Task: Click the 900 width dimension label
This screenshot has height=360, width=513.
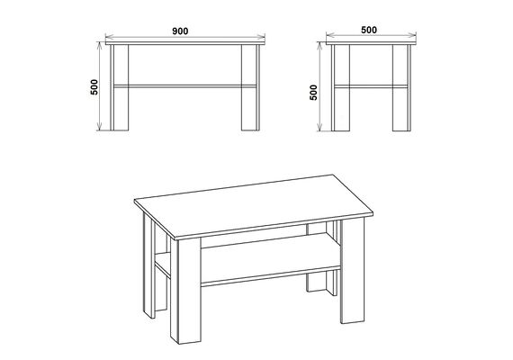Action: [x=180, y=31]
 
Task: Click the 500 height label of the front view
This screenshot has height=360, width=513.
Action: [x=94, y=87]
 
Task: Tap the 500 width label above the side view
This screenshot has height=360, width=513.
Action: [x=369, y=30]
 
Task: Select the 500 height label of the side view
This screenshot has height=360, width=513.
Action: [x=313, y=93]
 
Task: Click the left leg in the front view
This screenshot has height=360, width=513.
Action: [x=120, y=87]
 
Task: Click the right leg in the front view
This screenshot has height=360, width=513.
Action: [x=250, y=87]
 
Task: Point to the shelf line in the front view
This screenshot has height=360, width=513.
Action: [x=184, y=86]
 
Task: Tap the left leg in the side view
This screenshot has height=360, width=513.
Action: [x=340, y=87]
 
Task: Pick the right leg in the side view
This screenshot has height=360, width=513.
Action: [x=401, y=87]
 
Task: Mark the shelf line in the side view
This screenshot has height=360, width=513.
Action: [x=371, y=86]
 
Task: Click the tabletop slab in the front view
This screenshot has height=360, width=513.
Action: [x=185, y=43]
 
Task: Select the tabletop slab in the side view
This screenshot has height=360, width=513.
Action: [x=371, y=43]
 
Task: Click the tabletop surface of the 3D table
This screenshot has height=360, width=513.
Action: [x=254, y=205]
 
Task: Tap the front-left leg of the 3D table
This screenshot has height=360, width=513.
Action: [x=185, y=291]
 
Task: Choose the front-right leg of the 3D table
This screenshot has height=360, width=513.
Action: [x=353, y=270]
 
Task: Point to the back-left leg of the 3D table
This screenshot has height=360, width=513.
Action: [x=149, y=265]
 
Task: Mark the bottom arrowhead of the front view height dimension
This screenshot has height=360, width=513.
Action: [x=100, y=127]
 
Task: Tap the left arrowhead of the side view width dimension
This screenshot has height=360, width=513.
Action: [x=330, y=35]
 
